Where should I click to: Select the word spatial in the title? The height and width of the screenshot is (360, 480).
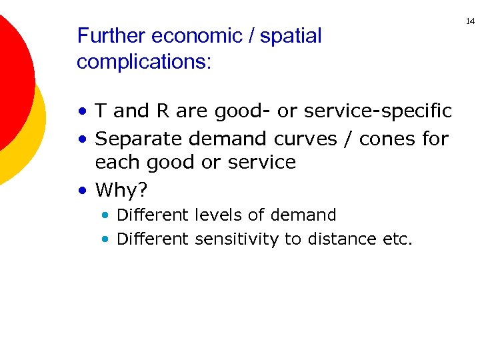pos(291,36)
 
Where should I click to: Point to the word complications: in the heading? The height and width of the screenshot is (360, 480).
pos(144,62)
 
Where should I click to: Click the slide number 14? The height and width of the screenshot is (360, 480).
pos(470,22)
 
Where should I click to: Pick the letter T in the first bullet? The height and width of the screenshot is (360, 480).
pos(102,111)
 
